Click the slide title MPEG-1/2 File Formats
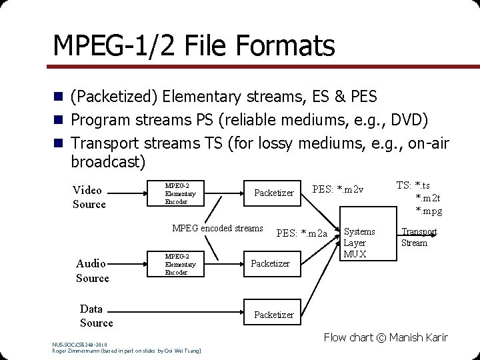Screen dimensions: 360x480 (x=193, y=45)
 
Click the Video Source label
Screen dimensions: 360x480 (x=89, y=197)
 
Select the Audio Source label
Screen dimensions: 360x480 (x=92, y=271)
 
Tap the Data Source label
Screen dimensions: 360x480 (x=95, y=315)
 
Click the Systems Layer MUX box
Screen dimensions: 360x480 (x=359, y=243)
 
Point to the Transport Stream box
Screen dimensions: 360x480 (x=419, y=237)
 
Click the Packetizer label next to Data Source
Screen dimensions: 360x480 (x=273, y=315)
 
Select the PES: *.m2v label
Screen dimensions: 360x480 (x=338, y=190)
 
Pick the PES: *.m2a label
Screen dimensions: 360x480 (x=302, y=233)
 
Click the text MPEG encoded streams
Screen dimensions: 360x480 (x=217, y=228)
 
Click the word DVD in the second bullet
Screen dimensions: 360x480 (x=414, y=120)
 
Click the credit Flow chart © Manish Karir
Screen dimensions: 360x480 (x=385, y=337)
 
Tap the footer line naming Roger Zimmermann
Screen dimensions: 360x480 (x=127, y=350)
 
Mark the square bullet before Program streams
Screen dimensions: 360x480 (x=59, y=120)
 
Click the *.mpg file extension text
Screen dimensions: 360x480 (x=428, y=211)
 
